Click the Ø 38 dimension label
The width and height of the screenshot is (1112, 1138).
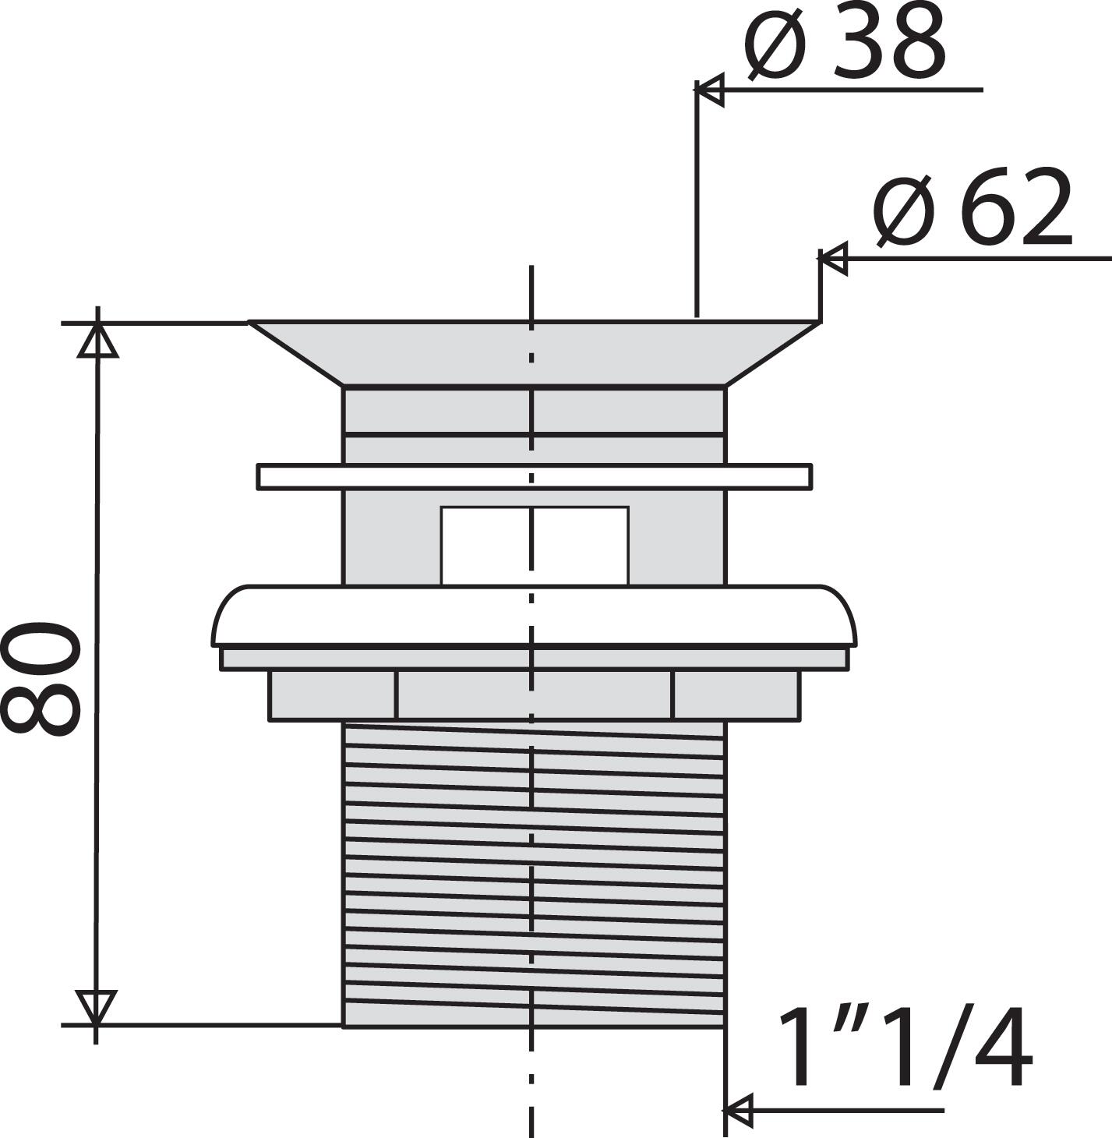coord(845,42)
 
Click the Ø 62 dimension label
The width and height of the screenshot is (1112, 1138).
coord(973,207)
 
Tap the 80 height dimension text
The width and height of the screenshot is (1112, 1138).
coord(40,679)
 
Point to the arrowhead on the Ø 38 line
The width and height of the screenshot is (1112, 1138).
coord(709,90)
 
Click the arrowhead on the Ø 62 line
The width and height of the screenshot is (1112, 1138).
coord(832,258)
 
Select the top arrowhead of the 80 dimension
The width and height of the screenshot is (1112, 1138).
coord(97,341)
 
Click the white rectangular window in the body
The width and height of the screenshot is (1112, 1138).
coord(535,546)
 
